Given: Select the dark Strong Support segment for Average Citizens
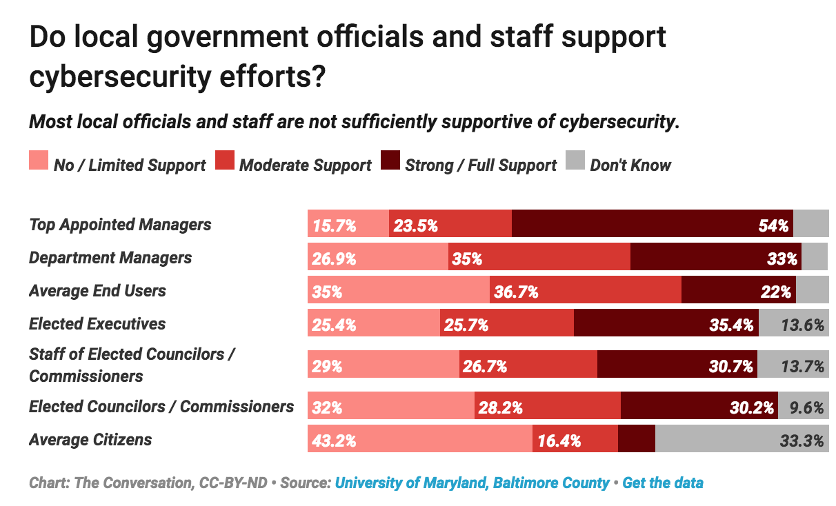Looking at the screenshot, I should click(636, 439).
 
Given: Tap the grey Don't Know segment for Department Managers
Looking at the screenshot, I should click(815, 256).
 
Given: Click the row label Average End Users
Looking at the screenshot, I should click(97, 290).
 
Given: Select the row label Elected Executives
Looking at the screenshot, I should click(97, 323).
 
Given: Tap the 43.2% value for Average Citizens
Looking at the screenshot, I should click(335, 441).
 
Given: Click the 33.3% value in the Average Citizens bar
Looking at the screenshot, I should click(802, 441).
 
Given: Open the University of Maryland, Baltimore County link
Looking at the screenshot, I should click(472, 483).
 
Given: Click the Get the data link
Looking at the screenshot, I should click(663, 483).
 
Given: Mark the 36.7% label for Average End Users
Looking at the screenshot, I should click(516, 292).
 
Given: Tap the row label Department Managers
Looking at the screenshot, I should click(110, 257).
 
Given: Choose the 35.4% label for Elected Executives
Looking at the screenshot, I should click(731, 325).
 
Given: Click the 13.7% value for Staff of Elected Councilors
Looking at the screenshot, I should click(802, 366).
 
